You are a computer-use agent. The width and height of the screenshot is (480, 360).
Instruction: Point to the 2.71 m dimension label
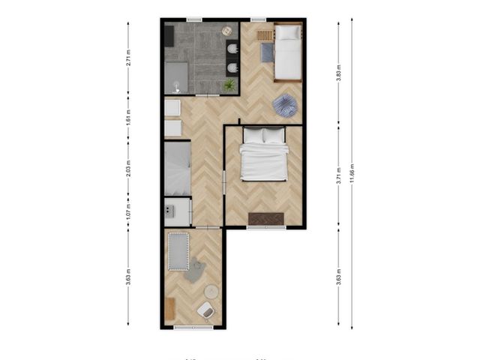coord(128,58)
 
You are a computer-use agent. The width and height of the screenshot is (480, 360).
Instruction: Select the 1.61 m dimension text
coord(128,118)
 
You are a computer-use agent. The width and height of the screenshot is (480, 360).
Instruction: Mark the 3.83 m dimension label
coord(339,73)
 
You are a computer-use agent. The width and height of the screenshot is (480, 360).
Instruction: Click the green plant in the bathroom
coord(229,85)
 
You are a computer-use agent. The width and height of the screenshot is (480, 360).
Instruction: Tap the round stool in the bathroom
coord(226,31)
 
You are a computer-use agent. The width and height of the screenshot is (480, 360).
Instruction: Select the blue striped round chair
coord(285,104)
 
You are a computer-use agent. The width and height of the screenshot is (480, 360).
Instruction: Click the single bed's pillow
coord(288,32)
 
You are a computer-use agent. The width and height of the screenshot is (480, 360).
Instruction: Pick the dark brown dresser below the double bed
coord(266,218)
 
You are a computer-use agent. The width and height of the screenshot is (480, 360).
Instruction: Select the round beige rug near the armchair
coord(211,291)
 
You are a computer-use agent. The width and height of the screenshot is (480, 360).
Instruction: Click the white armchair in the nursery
coord(205,310)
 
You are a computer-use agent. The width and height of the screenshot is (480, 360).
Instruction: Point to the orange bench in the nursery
coord(169,307)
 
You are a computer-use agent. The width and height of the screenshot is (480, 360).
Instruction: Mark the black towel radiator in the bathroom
coord(169,35)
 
